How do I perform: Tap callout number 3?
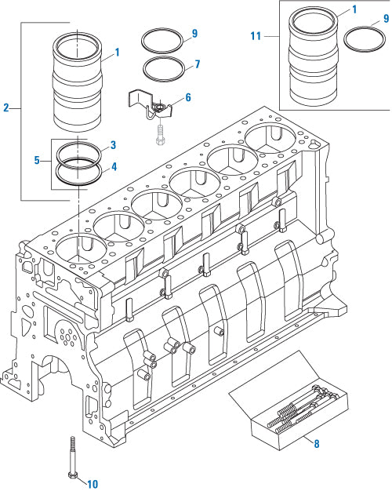[x=114, y=145]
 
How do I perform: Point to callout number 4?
[x=114, y=166]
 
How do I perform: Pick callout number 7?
[x=197, y=64]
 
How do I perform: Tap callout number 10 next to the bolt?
[x=92, y=484]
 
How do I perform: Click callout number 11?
[x=255, y=36]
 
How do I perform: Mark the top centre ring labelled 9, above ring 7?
[x=163, y=38]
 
